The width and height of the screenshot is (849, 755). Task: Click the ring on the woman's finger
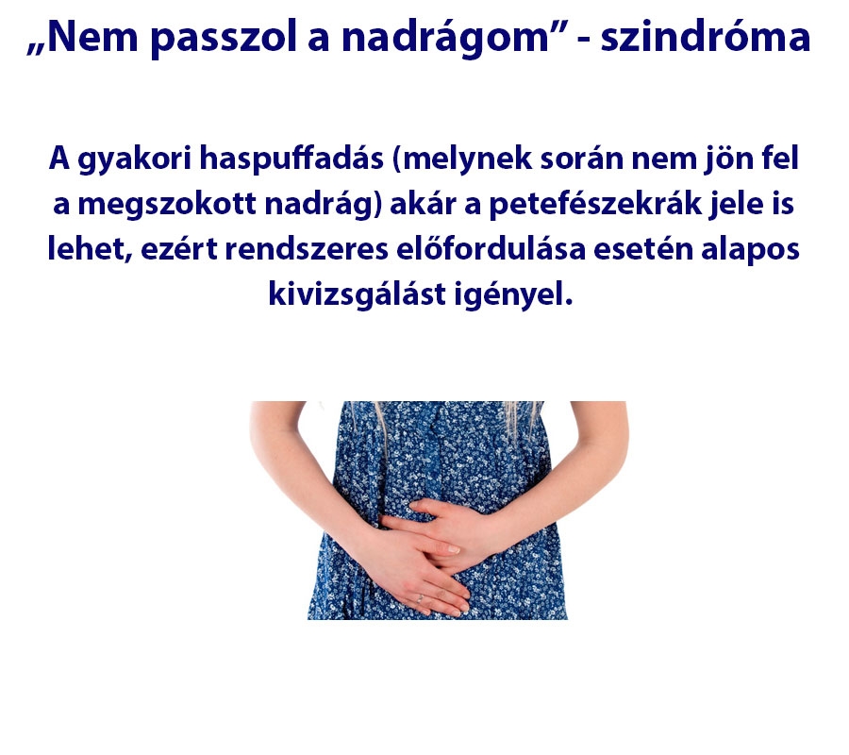click(x=420, y=596)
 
